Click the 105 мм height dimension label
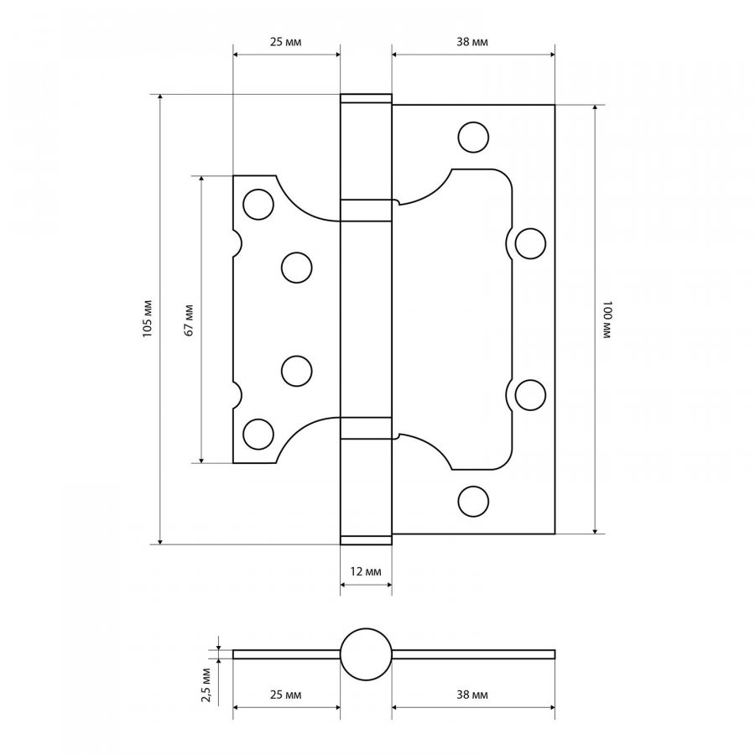[x=148, y=319]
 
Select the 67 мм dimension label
[x=189, y=320]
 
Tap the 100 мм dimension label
[x=607, y=320]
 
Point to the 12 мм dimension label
[x=366, y=571]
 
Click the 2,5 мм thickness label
[x=206, y=685]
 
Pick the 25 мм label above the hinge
[x=285, y=42]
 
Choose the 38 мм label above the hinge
[x=471, y=42]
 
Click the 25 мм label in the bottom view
[x=285, y=695]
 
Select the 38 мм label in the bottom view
[x=471, y=695]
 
